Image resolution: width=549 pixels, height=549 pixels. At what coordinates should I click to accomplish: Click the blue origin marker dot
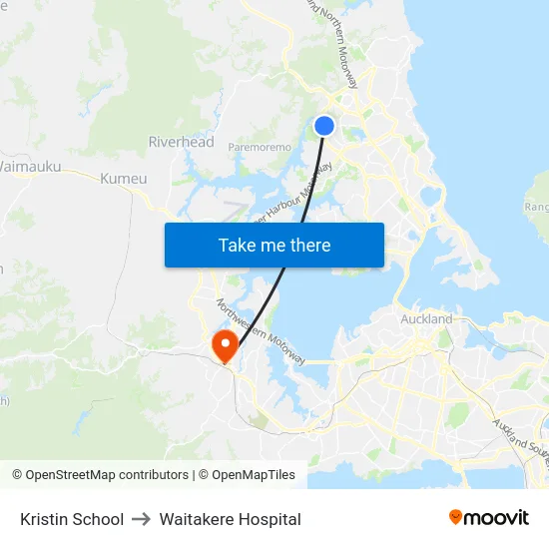[324, 126]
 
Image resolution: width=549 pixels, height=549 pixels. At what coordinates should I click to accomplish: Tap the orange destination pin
[224, 345]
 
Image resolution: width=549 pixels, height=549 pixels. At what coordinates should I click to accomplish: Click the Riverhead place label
[181, 142]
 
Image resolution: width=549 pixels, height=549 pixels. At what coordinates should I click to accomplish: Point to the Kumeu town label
[124, 179]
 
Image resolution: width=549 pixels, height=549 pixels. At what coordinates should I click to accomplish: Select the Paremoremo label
[260, 148]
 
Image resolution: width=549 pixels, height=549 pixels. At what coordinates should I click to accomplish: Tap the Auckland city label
[426, 319]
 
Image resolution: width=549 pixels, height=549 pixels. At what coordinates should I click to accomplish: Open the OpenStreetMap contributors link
[107, 475]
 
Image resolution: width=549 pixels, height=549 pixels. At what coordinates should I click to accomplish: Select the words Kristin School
[72, 519]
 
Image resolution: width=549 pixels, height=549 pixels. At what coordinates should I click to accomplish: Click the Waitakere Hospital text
[230, 519]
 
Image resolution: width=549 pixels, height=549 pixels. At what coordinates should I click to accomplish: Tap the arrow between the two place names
[141, 519]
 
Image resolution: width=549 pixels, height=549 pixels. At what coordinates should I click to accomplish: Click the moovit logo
[488, 517]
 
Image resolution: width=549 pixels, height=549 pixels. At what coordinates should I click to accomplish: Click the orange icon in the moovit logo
[456, 517]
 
